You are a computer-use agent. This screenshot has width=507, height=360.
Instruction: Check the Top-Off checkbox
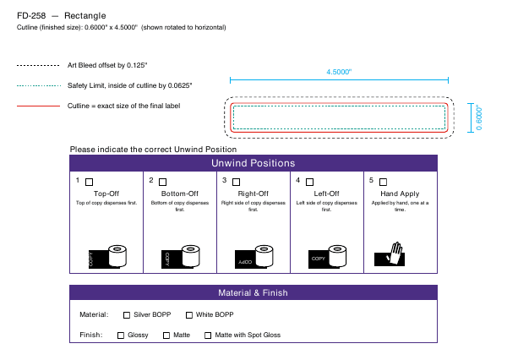click(x=90, y=182)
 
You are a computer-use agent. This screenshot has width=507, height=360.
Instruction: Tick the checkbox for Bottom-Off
click(x=162, y=182)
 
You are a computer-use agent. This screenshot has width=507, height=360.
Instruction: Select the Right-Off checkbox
click(x=237, y=182)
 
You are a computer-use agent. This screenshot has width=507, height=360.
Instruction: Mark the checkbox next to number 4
click(x=310, y=182)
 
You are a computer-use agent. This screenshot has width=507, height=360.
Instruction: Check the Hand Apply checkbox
click(x=383, y=182)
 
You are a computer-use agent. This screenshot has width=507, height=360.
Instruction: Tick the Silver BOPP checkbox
click(x=127, y=315)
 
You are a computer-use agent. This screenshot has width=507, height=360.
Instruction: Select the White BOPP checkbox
click(x=189, y=315)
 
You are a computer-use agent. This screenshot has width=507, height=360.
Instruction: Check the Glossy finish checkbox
click(x=121, y=335)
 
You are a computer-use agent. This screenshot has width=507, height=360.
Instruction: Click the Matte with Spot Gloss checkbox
click(x=208, y=335)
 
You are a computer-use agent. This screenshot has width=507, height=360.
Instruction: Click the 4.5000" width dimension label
click(x=339, y=72)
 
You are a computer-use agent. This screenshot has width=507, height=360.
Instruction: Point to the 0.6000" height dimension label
click(x=479, y=117)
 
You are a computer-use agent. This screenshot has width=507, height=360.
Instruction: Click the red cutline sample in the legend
click(x=39, y=106)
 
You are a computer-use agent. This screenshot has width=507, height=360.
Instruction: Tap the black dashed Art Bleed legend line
click(x=38, y=65)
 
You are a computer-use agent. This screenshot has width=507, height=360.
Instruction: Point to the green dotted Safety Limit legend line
click(x=39, y=85)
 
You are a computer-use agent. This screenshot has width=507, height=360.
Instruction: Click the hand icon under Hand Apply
click(x=395, y=254)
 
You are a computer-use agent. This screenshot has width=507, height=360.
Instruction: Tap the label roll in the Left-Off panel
click(x=337, y=255)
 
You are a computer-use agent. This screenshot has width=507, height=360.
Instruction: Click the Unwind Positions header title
click(x=253, y=163)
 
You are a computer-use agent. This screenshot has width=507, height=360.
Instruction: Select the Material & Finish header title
click(x=253, y=292)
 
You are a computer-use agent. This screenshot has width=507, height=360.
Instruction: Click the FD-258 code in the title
click(x=31, y=15)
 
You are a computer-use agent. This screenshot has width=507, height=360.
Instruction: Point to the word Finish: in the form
click(x=91, y=335)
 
